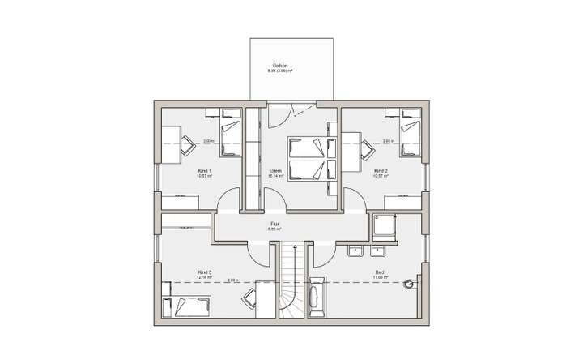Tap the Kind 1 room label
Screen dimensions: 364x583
204,171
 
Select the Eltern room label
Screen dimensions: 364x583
275,171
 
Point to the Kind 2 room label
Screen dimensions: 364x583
381,171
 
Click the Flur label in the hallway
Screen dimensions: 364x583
274,225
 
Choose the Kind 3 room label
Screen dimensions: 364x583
204,272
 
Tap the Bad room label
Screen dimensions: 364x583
380,272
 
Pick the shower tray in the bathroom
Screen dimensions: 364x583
383,228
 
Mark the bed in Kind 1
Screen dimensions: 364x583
230,131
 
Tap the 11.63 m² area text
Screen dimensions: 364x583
381,278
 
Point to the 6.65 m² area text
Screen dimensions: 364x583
274,229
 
